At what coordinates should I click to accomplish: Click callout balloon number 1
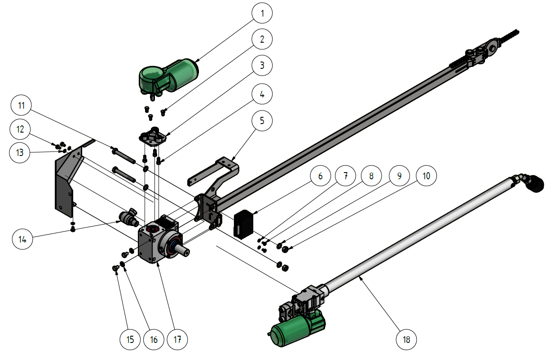pos(263,14)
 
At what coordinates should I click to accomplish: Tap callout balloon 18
pos(407,339)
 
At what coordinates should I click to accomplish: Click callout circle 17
pos(177,339)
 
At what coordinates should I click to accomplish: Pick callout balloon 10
pos(427,176)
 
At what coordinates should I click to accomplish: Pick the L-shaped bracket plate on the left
pos(64,180)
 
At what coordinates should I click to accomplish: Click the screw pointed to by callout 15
pos(115,268)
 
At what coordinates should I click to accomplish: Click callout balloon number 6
pos(320,176)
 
